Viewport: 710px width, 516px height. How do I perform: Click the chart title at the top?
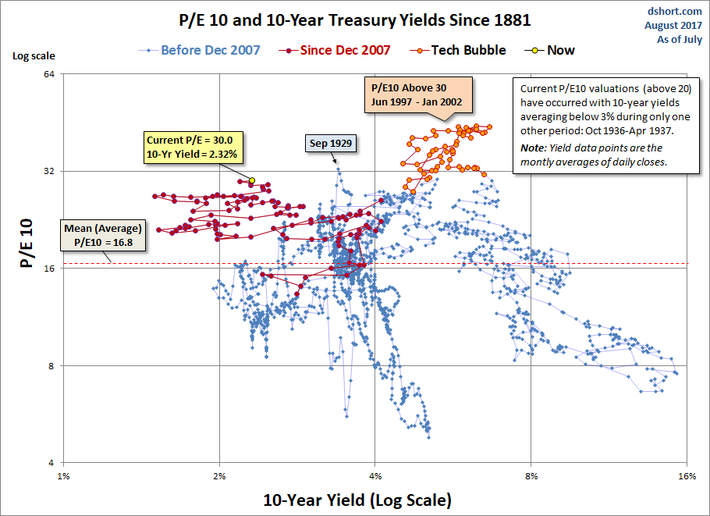[355, 20]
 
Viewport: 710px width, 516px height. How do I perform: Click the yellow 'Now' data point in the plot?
[251, 180]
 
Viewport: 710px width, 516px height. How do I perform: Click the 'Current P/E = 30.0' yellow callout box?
[193, 147]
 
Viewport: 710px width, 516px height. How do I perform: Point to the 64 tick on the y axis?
[47, 74]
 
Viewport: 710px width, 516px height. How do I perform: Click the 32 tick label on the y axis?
[47, 171]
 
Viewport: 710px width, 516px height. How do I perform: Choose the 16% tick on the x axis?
[686, 476]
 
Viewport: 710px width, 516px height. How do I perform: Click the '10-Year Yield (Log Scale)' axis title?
[357, 499]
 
